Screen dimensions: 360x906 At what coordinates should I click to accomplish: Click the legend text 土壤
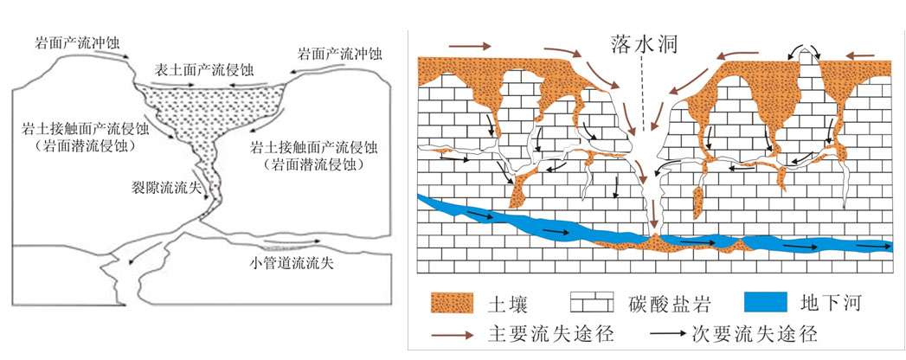[x=510, y=304]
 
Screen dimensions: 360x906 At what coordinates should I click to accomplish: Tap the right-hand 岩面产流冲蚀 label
[x=338, y=53]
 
